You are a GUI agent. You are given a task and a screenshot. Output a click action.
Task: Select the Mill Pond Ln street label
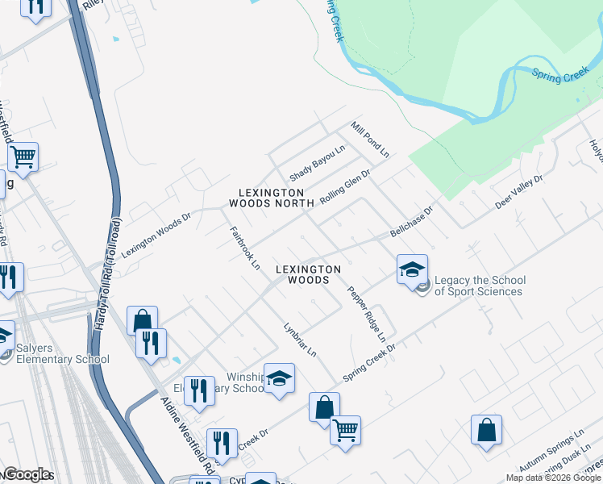[370, 140]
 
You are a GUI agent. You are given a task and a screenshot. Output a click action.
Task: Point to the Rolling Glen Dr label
[344, 186]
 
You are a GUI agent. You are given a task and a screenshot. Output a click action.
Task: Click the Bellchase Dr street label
[411, 220]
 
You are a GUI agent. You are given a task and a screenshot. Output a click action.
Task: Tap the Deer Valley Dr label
[519, 191]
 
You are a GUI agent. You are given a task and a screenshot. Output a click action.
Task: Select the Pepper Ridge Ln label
[367, 313]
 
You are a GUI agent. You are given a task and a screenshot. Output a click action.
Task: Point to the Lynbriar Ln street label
[300, 340]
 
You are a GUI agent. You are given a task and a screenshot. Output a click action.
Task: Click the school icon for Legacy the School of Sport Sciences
[412, 269]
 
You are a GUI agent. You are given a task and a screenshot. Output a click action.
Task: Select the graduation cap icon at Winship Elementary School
[279, 378]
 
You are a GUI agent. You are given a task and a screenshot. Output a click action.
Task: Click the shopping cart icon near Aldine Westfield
[23, 156]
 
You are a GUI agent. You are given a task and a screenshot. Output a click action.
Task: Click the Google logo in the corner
[27, 474]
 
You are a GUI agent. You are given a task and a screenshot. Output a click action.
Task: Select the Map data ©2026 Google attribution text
[553, 478]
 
